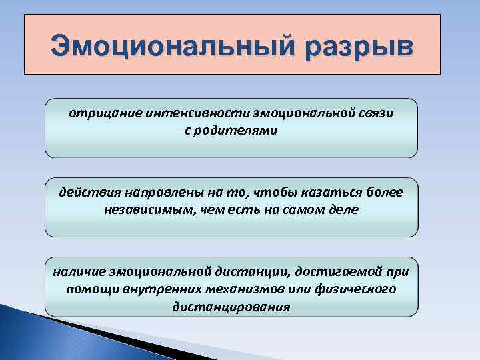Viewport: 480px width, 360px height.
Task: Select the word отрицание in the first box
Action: click(x=97, y=113)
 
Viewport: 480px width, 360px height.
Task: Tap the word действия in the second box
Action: click(x=83, y=193)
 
